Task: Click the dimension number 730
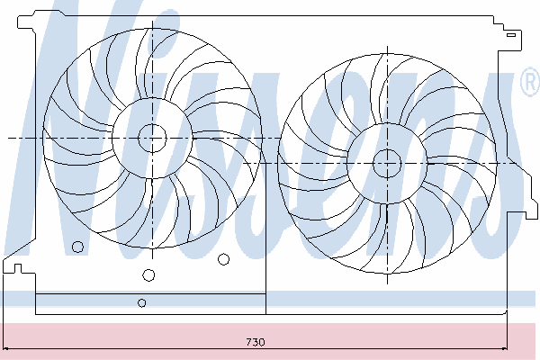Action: (x=256, y=342)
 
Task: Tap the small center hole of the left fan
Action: (x=152, y=138)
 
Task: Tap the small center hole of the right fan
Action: (x=387, y=163)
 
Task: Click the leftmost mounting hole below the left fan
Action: (x=77, y=247)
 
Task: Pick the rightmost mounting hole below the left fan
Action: (x=223, y=259)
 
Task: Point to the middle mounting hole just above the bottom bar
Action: (x=148, y=274)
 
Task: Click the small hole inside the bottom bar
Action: (x=142, y=302)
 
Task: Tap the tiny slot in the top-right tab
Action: (x=511, y=35)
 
